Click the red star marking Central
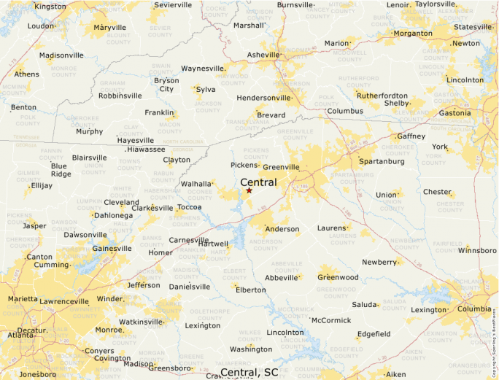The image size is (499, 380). coord(249,190)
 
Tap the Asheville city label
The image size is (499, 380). coord(263,55)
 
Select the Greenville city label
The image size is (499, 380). coord(281,167)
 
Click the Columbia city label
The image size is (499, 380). coord(474,309)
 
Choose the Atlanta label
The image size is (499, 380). coord(20,336)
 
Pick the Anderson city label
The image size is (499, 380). coord(282,229)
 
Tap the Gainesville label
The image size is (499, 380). coord(112,249)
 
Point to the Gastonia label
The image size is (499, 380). coord(454,113)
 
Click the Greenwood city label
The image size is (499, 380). coord(338,277)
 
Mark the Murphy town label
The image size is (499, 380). coord(89,132)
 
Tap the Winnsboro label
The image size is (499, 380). coord(477,251)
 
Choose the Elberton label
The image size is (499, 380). coord(250,290)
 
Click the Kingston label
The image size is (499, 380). coord(50,7)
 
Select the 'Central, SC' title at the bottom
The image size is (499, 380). coord(249,373)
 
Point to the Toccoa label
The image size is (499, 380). coord(189,207)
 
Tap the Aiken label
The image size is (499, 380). coord(395,374)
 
